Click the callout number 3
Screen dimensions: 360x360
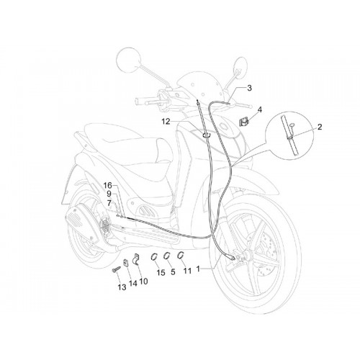pos(249,88)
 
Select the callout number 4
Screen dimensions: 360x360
pos(259,109)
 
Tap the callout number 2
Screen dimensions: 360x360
pos(320,127)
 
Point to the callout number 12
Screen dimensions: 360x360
pos(166,122)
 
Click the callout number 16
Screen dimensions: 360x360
pos(108,185)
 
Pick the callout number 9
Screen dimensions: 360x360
pos(109,194)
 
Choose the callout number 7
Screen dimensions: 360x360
pos(109,203)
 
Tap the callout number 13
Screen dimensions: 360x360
pos(122,287)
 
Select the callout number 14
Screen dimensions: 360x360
pos(132,283)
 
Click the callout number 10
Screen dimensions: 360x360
pos(143,281)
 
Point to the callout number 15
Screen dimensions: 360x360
pos(161,273)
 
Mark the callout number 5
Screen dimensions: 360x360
pos(173,272)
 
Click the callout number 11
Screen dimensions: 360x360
pos(187,271)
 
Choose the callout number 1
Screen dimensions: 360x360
pos(198,269)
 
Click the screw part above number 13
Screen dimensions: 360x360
pos(115,269)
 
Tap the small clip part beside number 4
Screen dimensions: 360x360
pos(243,122)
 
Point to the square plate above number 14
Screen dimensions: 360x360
pos(126,263)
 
